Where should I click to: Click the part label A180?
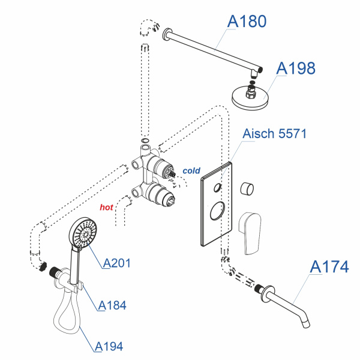pos(246,22)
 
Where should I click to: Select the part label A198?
pos(296,68)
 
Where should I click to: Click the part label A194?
pos(109,346)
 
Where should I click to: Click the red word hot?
pos(106,208)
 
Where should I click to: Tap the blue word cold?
pos(191,171)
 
